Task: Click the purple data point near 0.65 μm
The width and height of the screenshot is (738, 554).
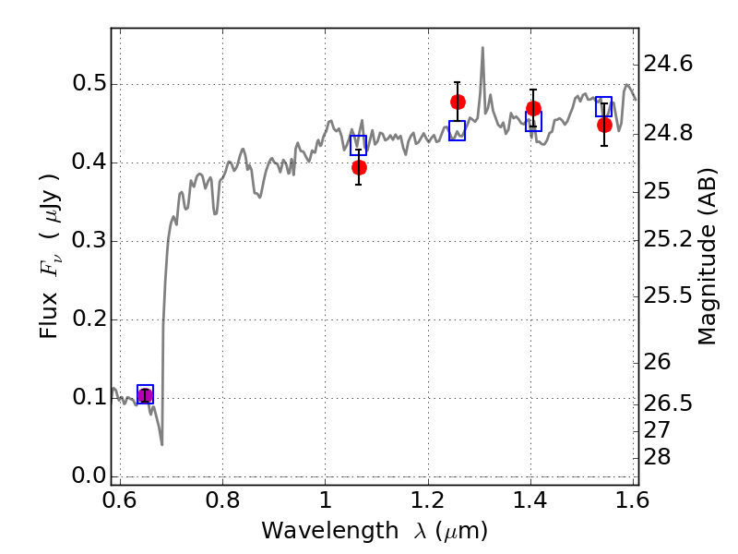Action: point(145,395)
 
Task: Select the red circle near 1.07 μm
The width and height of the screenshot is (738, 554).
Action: point(359,168)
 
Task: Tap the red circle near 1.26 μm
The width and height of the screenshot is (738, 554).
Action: point(458,102)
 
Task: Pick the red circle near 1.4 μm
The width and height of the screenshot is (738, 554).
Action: point(533,109)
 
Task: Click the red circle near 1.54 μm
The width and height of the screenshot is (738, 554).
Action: point(604,126)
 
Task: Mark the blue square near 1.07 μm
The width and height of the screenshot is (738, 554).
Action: point(358,145)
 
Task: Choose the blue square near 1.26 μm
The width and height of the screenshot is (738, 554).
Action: point(457,130)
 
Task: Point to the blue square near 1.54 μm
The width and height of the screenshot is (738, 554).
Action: point(604,106)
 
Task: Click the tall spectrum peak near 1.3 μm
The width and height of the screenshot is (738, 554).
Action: point(482,48)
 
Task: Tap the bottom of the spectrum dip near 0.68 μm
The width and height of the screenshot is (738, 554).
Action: point(162,444)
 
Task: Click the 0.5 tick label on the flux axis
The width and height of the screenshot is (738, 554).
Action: point(89,83)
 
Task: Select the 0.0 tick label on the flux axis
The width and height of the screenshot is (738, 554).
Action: point(89,476)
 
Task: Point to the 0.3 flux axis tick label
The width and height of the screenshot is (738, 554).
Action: point(89,240)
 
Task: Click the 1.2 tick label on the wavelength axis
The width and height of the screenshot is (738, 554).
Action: point(428,500)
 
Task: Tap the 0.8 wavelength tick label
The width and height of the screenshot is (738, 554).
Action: point(222,500)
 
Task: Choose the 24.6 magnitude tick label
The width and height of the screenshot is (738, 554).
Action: point(668,64)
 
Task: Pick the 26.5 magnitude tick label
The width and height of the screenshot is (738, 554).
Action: point(668,403)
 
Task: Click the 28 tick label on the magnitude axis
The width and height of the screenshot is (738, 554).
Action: point(657,457)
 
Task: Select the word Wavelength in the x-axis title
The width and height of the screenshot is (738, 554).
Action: point(330,531)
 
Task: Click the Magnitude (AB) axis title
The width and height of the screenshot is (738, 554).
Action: point(707,257)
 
